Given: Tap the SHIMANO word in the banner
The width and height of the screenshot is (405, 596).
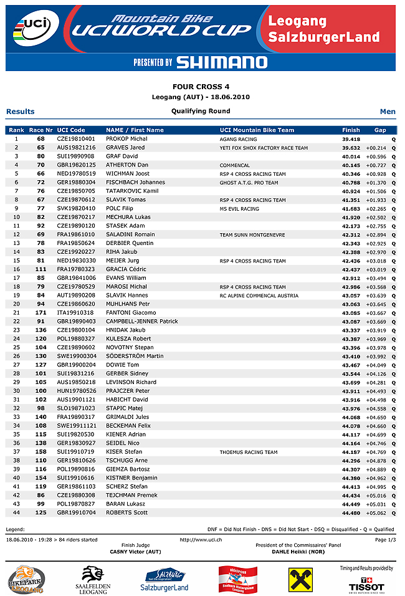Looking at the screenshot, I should [x=221, y=62].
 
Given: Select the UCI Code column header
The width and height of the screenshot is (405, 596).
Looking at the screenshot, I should [x=70, y=130].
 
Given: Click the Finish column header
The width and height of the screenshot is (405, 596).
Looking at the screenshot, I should [x=351, y=130].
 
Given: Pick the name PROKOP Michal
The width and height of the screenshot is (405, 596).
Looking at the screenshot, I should [x=126, y=139].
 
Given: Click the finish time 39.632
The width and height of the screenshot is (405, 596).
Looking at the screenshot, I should [x=351, y=148].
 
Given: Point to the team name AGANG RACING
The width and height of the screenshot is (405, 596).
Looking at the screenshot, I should [x=238, y=139].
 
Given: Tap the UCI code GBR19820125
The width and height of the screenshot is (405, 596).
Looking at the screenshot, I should [x=76, y=165].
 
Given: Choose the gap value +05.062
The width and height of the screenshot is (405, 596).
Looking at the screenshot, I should [x=376, y=512].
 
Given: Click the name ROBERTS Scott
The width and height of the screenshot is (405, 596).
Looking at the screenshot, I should [x=127, y=512].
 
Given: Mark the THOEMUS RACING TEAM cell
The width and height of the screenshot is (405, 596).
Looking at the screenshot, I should [x=249, y=452].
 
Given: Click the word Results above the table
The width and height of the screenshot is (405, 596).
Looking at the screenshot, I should [x=21, y=112].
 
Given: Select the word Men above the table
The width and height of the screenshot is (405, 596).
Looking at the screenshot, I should [x=388, y=112].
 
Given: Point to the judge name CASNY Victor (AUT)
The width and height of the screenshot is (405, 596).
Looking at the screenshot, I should [x=135, y=552].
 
